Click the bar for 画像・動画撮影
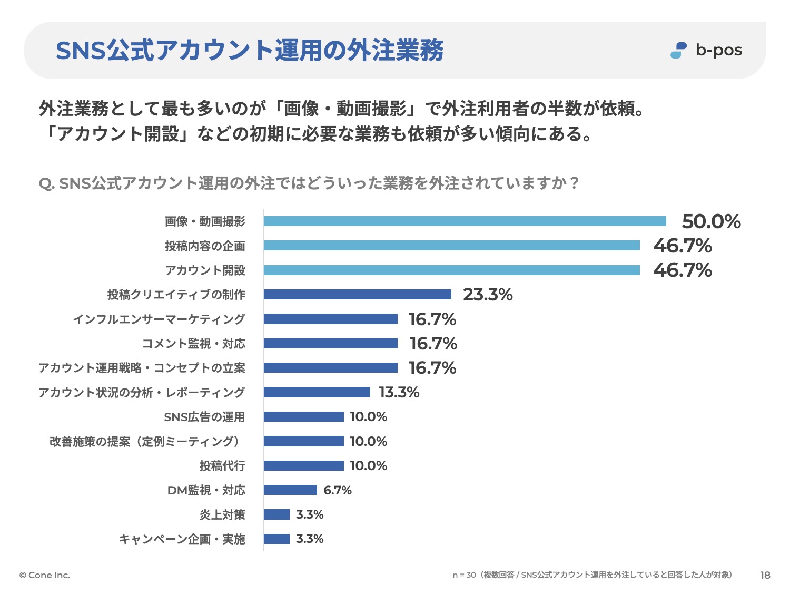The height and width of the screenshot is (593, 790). (465, 221)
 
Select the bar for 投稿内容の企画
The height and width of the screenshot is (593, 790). (451, 246)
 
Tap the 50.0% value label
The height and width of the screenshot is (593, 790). (711, 221)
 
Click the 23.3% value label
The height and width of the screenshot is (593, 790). (488, 295)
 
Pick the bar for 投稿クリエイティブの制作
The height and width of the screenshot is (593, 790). (357, 295)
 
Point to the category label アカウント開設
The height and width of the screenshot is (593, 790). (205, 270)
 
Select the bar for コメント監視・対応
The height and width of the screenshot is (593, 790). (330, 344)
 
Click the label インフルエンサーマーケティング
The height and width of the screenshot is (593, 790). (159, 319)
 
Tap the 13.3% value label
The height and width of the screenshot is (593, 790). (399, 392)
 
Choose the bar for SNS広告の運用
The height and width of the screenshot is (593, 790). (303, 417)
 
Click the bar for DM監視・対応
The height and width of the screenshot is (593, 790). (290, 490)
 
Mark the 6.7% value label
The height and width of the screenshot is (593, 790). (337, 490)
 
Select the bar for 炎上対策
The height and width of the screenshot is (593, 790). (276, 514)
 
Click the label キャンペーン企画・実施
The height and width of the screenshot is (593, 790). (182, 539)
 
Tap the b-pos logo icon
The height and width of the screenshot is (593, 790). (678, 50)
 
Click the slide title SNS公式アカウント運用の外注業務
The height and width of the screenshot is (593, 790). (250, 51)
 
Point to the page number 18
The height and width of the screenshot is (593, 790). (765, 575)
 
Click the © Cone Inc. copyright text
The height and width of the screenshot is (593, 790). (45, 575)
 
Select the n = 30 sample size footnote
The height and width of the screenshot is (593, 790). (592, 575)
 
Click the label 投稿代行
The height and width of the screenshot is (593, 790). (222, 466)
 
